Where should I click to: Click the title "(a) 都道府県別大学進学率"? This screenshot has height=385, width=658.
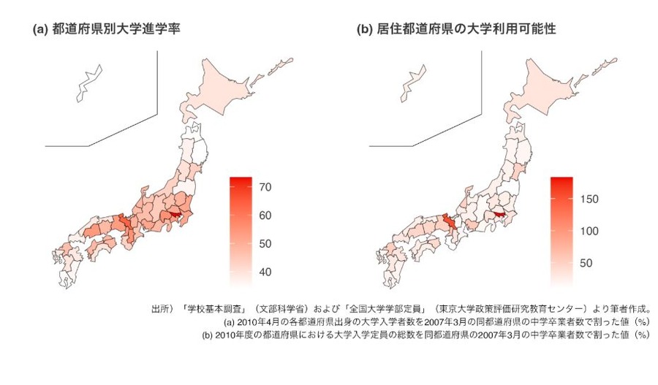(106, 30)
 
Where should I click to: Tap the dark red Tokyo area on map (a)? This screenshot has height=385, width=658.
(175, 216)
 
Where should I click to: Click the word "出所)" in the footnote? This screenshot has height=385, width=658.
(162, 309)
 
